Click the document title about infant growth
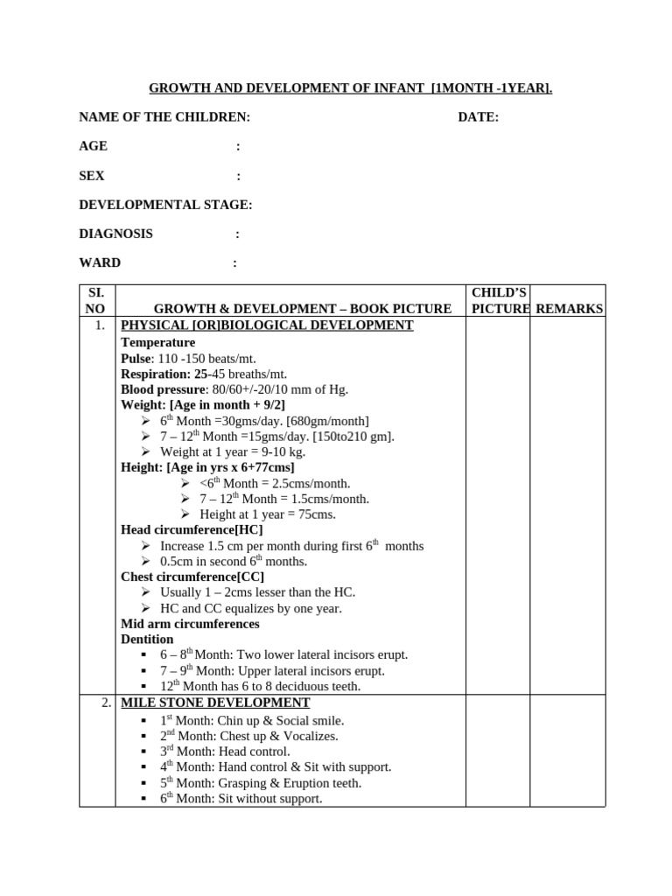[x=350, y=88]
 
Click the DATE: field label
[x=478, y=117]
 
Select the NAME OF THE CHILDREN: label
[x=164, y=117]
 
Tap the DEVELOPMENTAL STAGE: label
[x=165, y=205]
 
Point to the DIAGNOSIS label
[x=115, y=234]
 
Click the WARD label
[x=100, y=262]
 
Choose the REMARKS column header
[x=569, y=309]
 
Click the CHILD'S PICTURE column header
[x=498, y=300]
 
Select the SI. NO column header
[x=96, y=300]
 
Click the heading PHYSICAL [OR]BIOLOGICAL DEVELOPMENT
[x=267, y=325]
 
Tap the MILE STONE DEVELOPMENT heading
[x=215, y=703]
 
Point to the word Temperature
[x=157, y=342]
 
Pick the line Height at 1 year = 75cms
[x=268, y=514]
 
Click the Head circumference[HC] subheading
[x=192, y=529]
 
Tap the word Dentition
[x=147, y=639]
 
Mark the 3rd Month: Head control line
[x=225, y=752]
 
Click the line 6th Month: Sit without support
[x=241, y=798]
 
